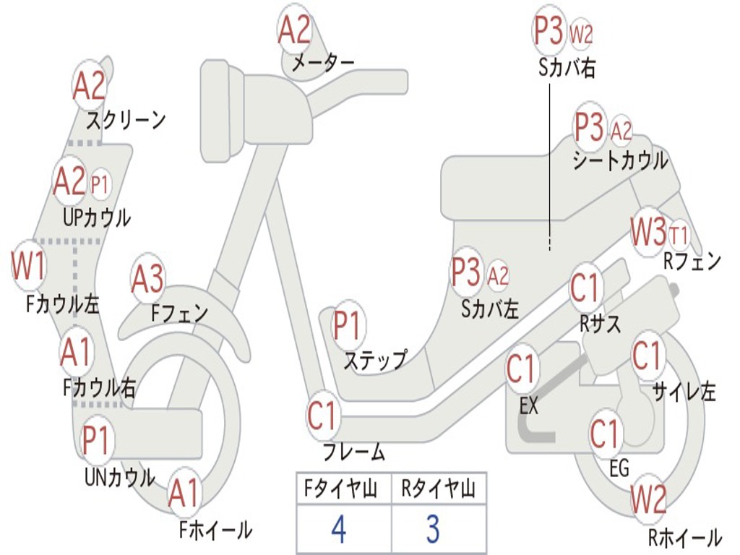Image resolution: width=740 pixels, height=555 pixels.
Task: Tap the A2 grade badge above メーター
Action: (295, 30)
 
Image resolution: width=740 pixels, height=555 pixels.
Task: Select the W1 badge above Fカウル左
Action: (29, 265)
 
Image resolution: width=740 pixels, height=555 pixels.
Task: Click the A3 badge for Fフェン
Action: (147, 279)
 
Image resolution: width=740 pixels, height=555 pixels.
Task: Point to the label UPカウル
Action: (97, 217)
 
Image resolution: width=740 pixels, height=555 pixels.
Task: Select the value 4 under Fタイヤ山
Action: (338, 530)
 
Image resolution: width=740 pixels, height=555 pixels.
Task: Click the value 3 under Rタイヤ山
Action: (432, 530)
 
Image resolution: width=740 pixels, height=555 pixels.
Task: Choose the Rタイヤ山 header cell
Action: (438, 490)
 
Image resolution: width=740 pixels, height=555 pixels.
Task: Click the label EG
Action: (619, 468)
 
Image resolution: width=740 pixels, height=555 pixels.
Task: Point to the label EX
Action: (529, 406)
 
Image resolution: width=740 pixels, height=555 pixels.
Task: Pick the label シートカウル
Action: (620, 160)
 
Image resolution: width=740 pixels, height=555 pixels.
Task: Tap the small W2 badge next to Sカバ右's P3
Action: (581, 33)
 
